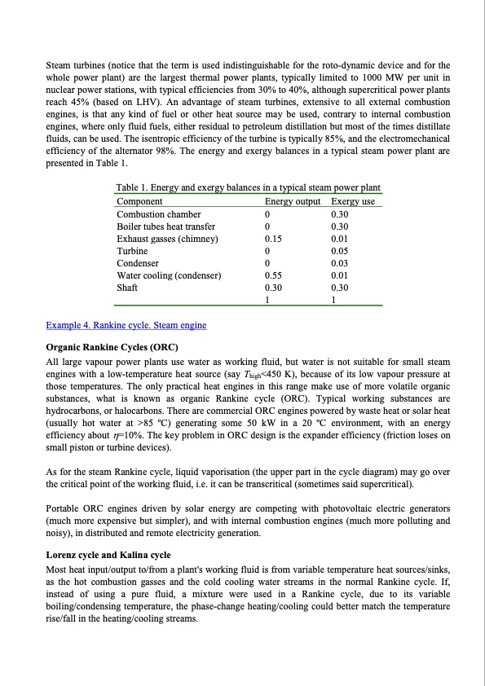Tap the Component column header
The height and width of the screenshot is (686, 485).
[140, 201]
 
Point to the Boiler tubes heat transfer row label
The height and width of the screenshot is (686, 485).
[167, 226]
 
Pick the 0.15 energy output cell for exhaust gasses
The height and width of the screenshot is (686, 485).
[275, 239]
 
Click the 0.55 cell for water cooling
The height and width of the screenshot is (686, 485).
[275, 275]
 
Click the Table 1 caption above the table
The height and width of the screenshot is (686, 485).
[249, 188]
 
